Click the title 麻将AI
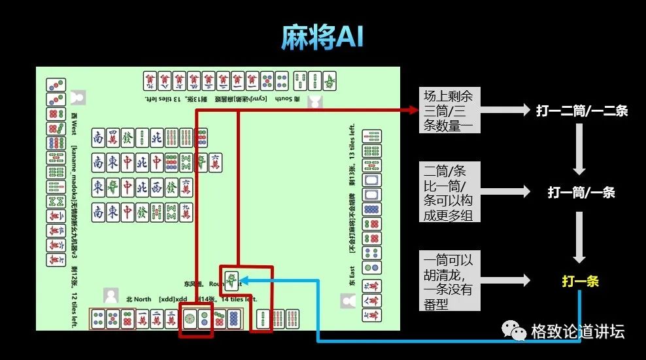[322, 39]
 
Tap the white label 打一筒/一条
[581, 193]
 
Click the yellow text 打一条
[580, 282]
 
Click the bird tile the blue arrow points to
[231, 280]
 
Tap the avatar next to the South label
[315, 100]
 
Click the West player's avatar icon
[78, 97]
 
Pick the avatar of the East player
[348, 301]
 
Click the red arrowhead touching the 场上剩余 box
[413, 111]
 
